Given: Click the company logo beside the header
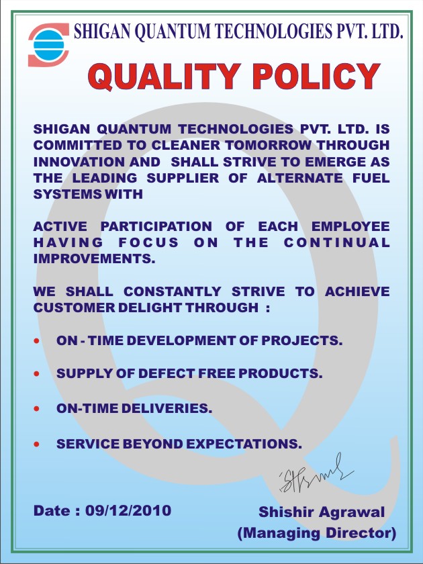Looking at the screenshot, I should coord(48,45).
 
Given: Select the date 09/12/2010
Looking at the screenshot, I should coord(128,510).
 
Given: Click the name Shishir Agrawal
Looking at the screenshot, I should coord(322,512).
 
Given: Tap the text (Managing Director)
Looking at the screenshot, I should coord(316,533).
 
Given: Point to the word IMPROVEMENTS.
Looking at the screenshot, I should coord(94,258).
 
